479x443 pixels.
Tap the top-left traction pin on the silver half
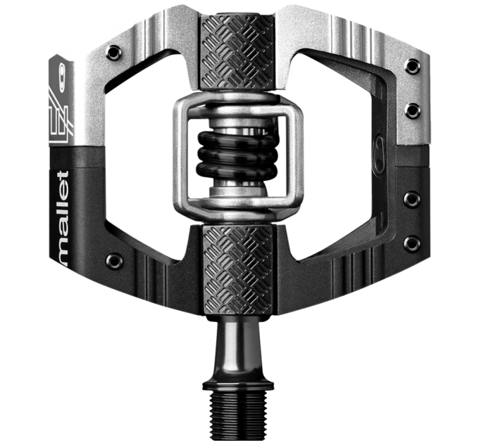tap(113, 52)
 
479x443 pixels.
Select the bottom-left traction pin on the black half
tap(113, 262)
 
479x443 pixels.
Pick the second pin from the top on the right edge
tap(413, 111)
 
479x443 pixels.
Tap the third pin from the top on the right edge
tap(413, 200)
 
